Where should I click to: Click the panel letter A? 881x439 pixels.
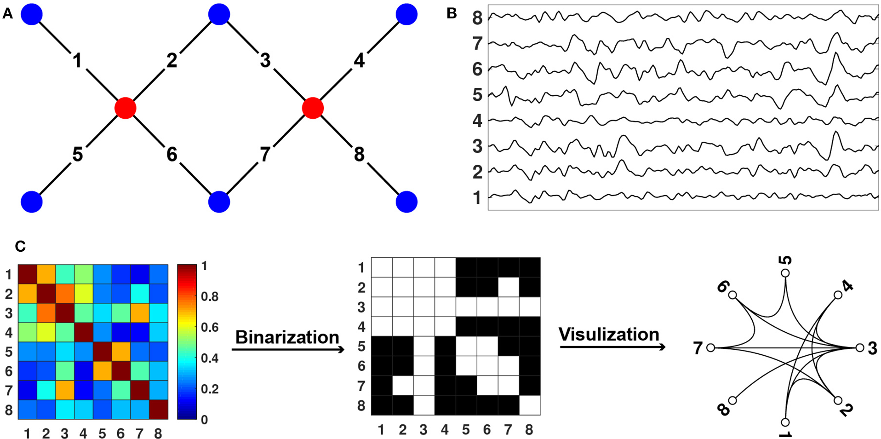(x=7, y=14)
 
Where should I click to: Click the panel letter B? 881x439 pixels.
(x=452, y=14)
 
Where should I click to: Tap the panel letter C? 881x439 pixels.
(x=20, y=247)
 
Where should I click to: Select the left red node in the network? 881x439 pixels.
(x=126, y=108)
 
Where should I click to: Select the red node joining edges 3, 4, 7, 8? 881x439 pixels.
(x=313, y=108)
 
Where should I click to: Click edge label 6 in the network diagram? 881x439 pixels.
(x=172, y=155)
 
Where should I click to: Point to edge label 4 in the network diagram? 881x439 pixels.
(x=359, y=60)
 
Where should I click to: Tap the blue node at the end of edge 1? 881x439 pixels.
(x=32, y=14)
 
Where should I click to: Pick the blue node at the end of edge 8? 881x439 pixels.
(x=406, y=202)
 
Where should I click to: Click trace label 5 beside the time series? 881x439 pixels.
(x=477, y=95)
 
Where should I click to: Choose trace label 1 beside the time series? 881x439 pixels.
(x=477, y=198)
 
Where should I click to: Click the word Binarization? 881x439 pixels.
(x=287, y=337)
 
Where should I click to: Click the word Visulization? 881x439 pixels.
(x=609, y=335)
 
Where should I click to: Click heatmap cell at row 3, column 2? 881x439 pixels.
(x=46, y=313)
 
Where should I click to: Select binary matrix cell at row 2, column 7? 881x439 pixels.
(x=508, y=287)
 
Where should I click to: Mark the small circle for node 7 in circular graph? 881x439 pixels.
(x=711, y=348)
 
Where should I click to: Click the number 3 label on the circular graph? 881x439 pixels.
(x=872, y=349)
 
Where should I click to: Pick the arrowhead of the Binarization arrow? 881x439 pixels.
(x=341, y=350)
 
